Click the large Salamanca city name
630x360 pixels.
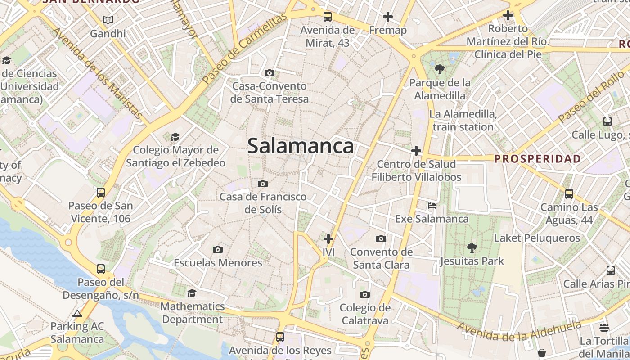tap(301, 146)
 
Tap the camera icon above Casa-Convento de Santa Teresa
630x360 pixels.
tap(270, 73)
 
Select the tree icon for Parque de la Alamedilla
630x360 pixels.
tap(440, 69)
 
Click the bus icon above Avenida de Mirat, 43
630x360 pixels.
tap(328, 17)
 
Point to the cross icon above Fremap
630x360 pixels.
tap(387, 17)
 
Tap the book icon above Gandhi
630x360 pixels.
tap(108, 20)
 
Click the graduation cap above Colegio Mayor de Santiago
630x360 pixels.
tap(175, 137)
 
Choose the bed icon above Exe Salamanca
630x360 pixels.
tap(432, 206)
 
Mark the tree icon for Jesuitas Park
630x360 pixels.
tap(472, 247)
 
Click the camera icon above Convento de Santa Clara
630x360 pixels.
tap(381, 238)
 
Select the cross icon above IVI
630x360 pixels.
tap(328, 239)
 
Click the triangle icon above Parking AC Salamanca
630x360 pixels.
tap(77, 313)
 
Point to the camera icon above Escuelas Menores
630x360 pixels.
tap(218, 249)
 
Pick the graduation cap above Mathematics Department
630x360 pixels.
tap(192, 293)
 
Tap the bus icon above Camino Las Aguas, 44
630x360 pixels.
tap(569, 194)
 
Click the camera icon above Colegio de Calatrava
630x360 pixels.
tap(365, 295)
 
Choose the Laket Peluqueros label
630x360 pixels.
tap(537, 238)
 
